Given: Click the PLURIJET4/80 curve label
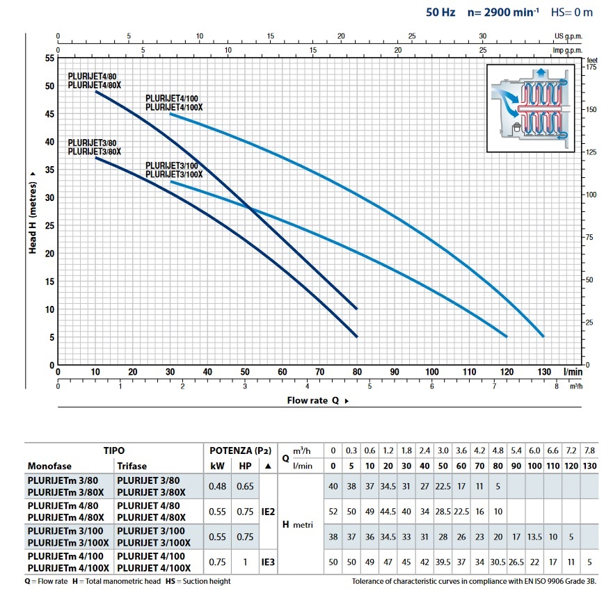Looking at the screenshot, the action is coord(92,76).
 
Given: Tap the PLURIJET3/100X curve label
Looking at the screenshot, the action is coord(174,174).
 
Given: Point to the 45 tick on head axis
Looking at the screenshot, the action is coord(49,114).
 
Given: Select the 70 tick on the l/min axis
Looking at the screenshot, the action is coord(319,372).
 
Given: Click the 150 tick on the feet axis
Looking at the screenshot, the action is coord(591,109).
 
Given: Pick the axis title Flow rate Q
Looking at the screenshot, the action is coord(313,400).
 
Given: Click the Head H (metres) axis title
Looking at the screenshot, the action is coord(33,218).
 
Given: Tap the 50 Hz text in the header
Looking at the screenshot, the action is coord(440,13).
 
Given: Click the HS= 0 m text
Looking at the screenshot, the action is coord(572,13).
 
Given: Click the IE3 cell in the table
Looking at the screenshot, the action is coord(268,562).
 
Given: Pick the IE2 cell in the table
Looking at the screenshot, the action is coord(268,512).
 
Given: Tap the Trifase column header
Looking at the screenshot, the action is coord(132,466).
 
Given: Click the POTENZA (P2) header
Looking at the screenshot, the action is coord(240,450).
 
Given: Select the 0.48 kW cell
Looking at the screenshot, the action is coord(217,486).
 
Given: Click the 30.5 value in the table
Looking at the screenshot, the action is coord(498,562).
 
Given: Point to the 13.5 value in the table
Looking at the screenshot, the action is coord(534,537).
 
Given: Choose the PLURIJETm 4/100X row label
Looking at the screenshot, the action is coord(68,568).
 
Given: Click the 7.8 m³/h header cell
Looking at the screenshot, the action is coord(589,450).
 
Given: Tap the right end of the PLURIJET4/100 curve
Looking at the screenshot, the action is coord(543,336).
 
